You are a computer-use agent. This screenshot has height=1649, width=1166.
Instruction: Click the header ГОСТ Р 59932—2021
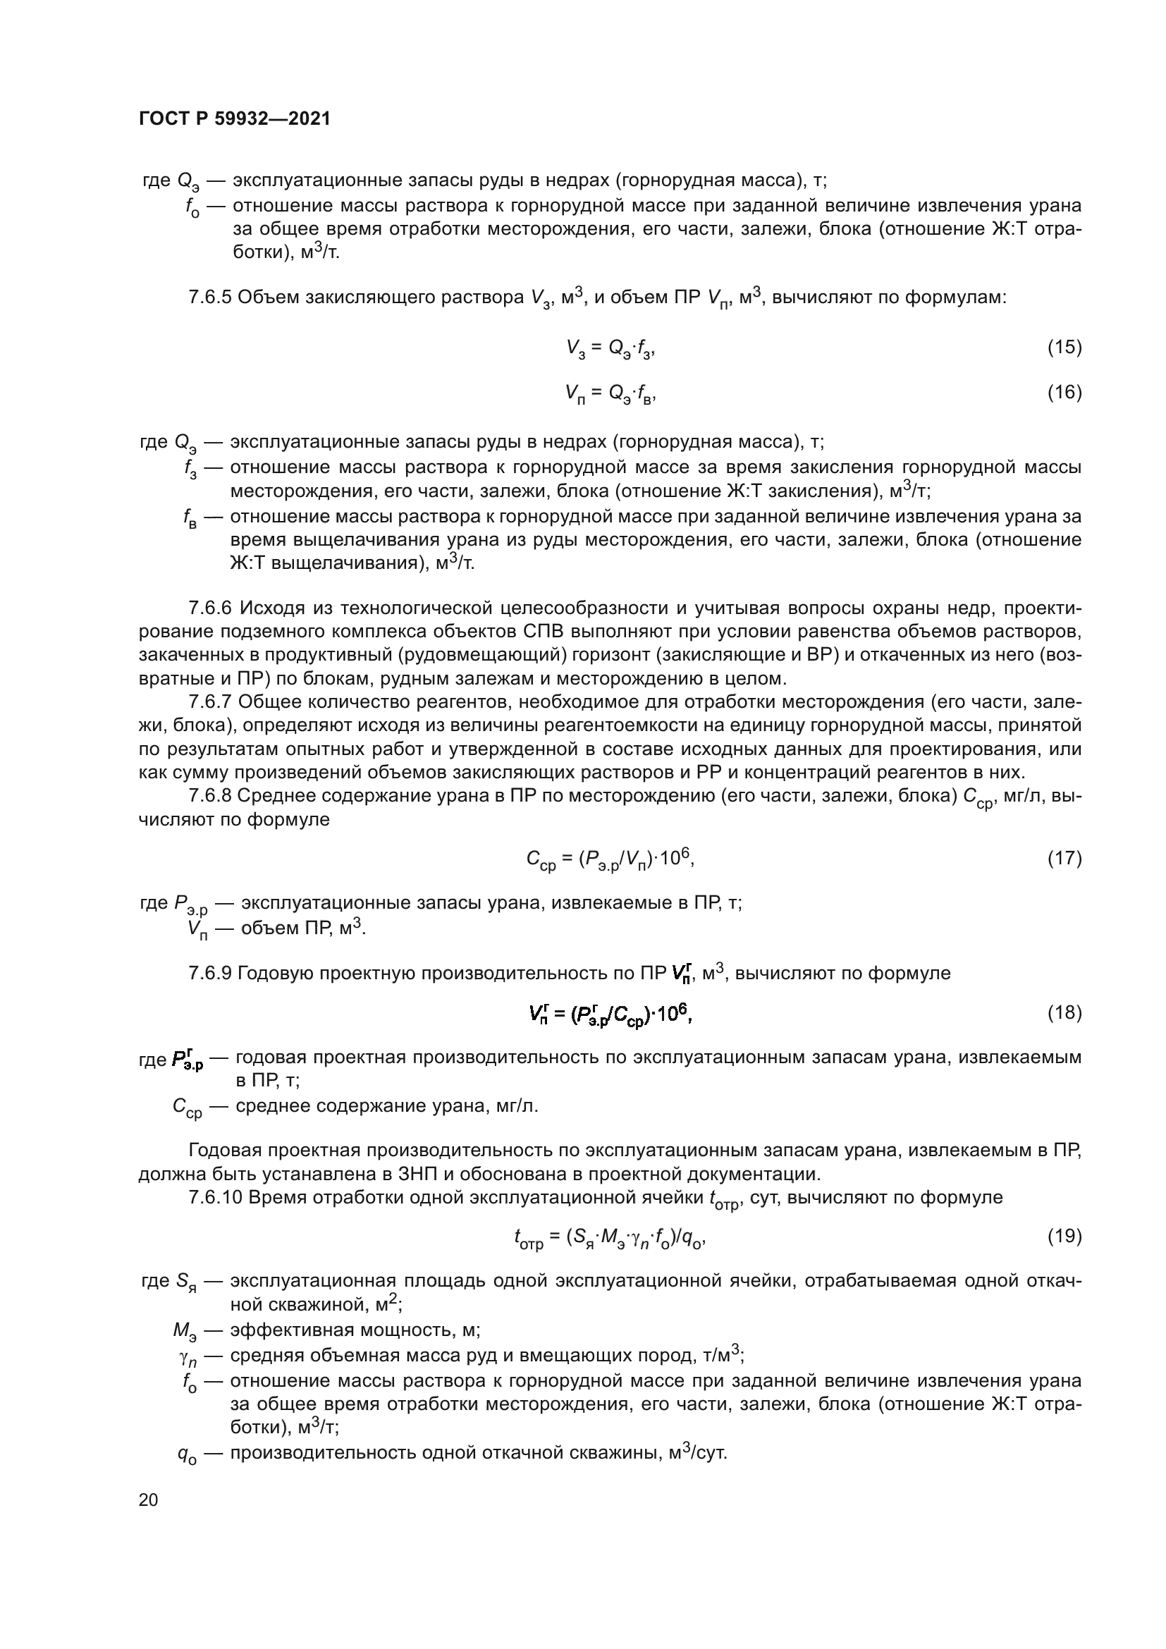click(x=235, y=119)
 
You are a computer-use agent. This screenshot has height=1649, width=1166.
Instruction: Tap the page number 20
click(x=148, y=1500)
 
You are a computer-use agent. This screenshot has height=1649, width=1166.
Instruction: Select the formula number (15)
click(x=1064, y=347)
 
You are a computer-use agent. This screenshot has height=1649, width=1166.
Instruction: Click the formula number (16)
click(x=1064, y=392)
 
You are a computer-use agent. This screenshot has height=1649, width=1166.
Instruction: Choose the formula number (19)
click(x=1064, y=1235)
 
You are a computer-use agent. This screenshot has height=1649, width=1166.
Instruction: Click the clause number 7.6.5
click(x=209, y=298)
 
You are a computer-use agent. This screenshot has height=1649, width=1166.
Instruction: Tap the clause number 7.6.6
click(x=209, y=608)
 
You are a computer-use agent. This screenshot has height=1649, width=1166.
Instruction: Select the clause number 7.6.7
click(x=209, y=701)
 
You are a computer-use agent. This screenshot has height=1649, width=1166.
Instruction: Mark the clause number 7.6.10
click(x=215, y=1197)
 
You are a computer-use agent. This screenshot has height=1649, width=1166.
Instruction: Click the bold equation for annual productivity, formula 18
click(x=610, y=1013)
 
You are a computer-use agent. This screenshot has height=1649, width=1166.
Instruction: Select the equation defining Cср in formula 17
click(x=610, y=859)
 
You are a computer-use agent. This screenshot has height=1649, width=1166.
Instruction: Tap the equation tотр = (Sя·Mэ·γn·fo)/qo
click(x=610, y=1237)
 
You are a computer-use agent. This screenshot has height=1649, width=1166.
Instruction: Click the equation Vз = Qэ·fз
click(x=610, y=348)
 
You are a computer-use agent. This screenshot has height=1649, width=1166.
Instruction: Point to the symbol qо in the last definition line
click(x=188, y=1455)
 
